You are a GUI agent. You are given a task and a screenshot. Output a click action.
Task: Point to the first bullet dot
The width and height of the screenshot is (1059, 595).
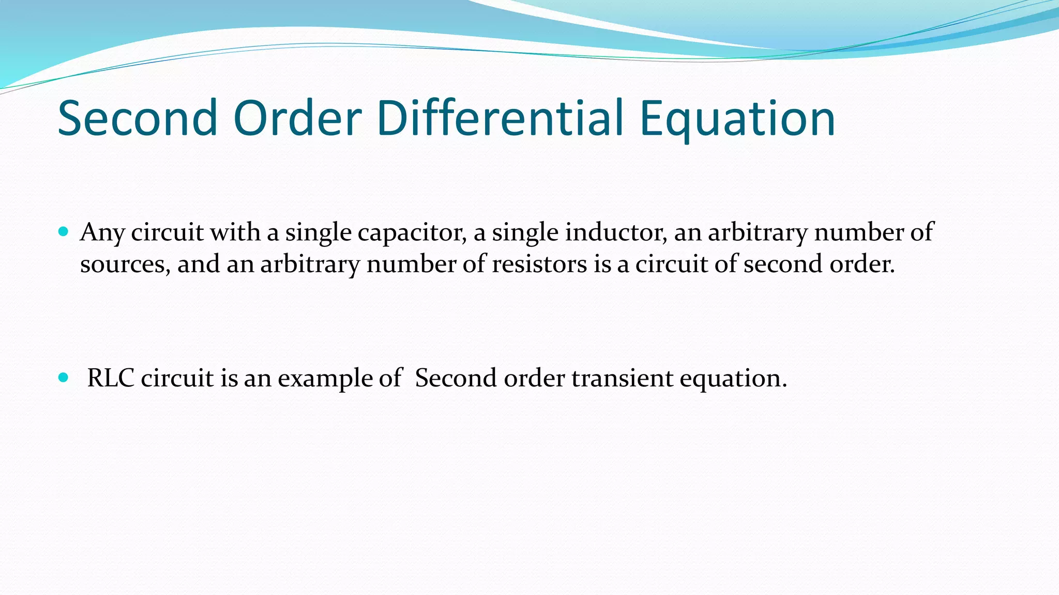click(64, 232)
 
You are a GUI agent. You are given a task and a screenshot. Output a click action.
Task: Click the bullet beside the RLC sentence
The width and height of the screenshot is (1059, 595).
click(64, 378)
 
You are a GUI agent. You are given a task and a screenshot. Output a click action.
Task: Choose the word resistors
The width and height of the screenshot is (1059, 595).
click(539, 264)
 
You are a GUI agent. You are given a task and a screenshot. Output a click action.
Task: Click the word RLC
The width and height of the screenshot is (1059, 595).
click(111, 378)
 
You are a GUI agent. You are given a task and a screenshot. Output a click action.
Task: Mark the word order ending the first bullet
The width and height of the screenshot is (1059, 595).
click(862, 264)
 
